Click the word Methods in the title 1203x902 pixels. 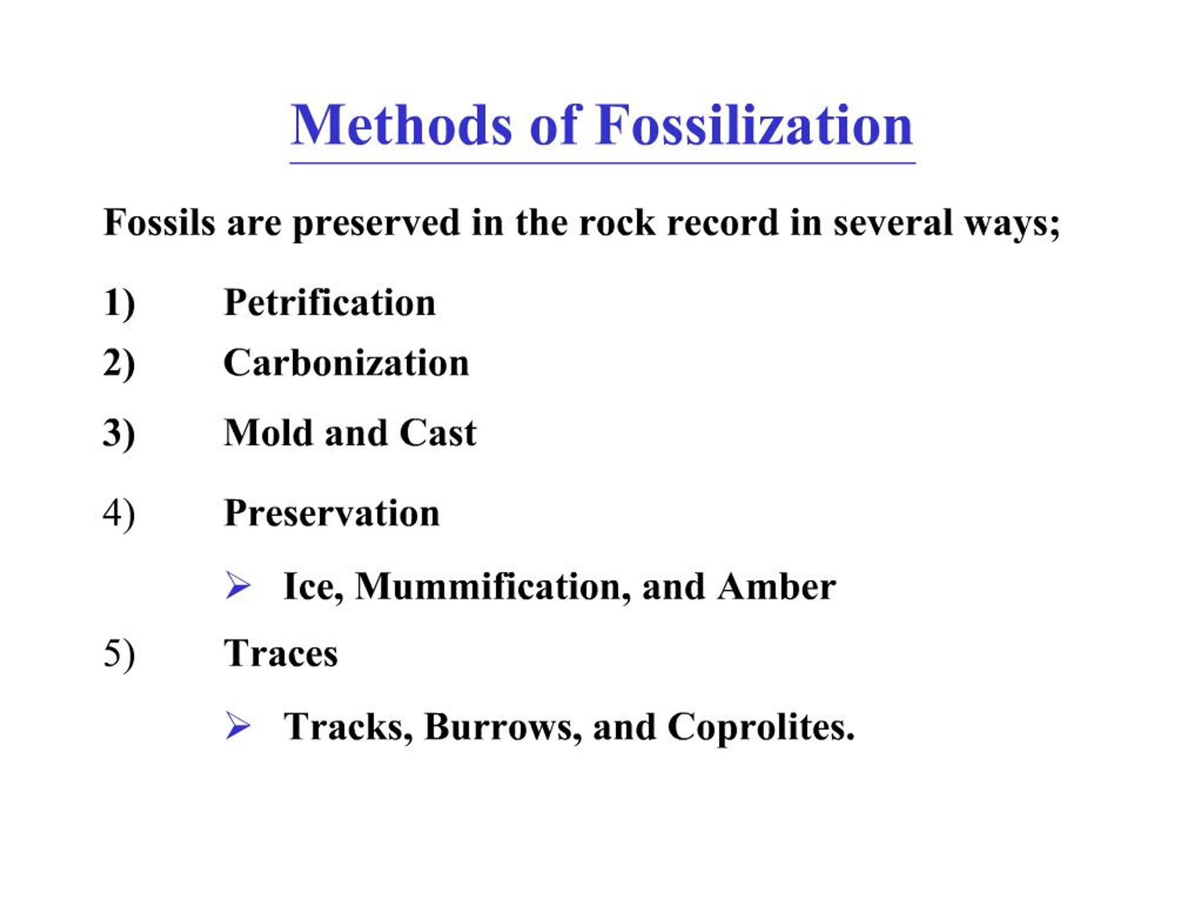coord(401,125)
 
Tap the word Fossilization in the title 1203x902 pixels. coord(754,125)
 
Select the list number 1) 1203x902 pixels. coord(119,304)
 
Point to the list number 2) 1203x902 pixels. coord(119,364)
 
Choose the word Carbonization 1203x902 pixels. coord(346,363)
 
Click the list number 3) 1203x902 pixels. coord(119,435)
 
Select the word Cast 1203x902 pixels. coord(438,433)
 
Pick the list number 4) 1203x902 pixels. coord(119,514)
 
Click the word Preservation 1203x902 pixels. coord(332,513)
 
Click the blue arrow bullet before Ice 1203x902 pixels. coord(238,586)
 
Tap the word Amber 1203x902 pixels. coord(777,587)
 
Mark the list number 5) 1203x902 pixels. coord(119,654)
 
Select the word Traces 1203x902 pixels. coord(281,653)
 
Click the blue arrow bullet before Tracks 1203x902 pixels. coord(238,726)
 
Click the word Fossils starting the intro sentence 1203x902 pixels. coord(159,223)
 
